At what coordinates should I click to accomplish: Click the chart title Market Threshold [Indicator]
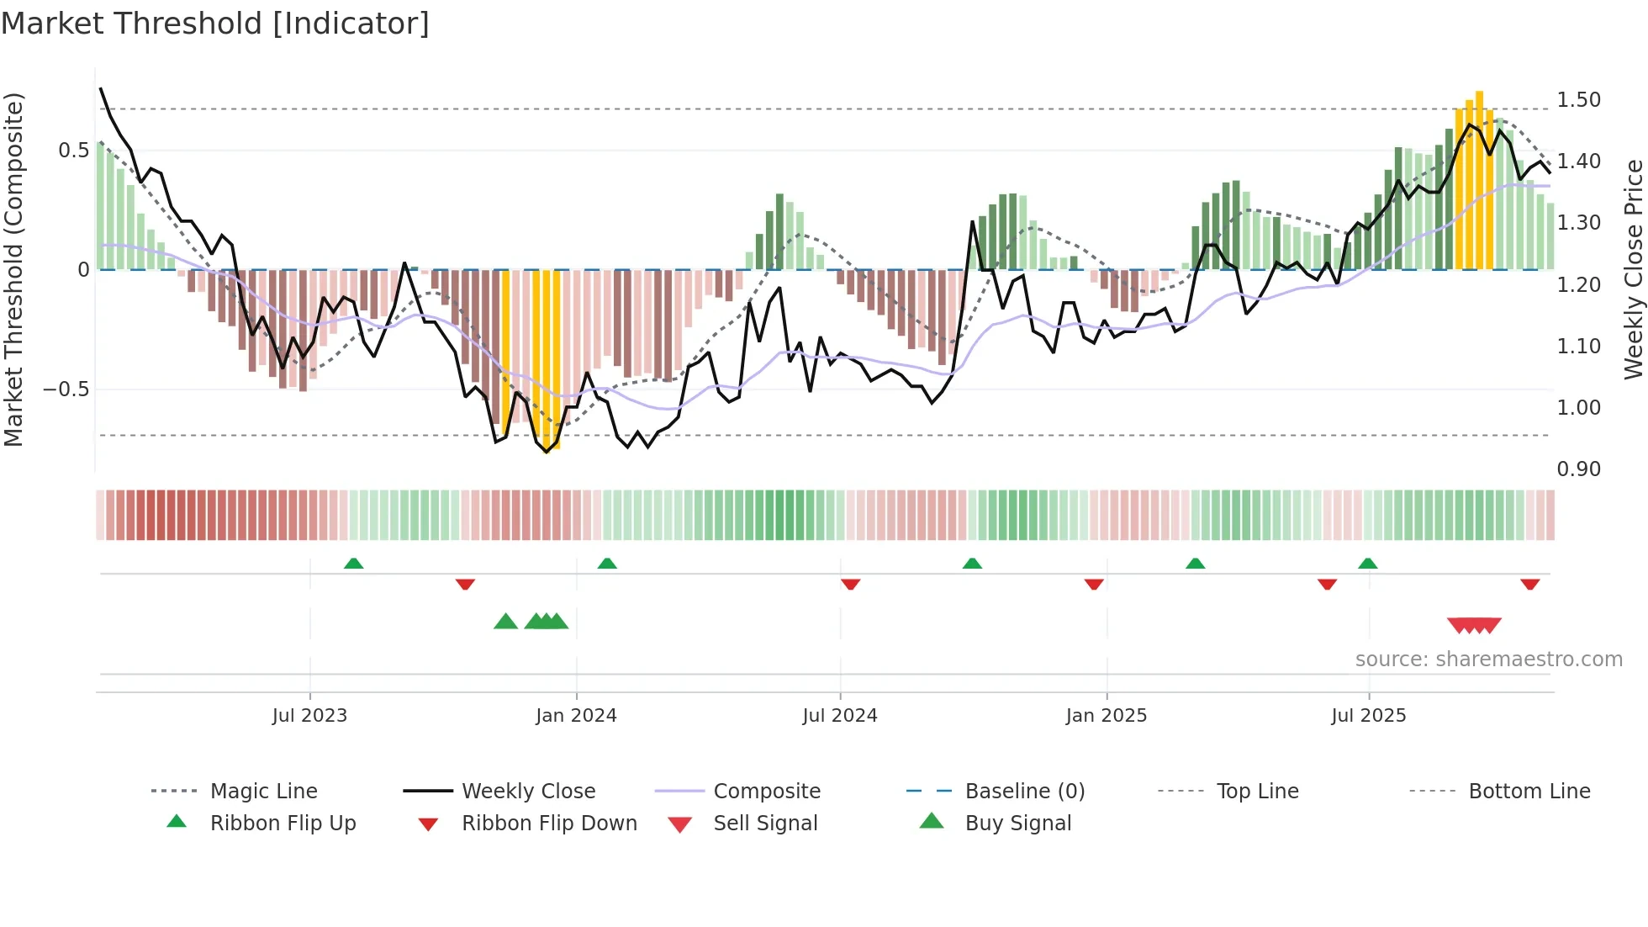[215, 24]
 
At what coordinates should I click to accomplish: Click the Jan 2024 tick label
[576, 716]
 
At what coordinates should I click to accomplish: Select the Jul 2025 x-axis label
[1368, 716]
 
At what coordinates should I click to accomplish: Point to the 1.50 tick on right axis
[1578, 100]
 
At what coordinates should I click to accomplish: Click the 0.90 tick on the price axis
[1578, 469]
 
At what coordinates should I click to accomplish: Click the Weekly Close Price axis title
[1633, 269]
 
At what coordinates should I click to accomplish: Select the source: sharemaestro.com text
[1488, 659]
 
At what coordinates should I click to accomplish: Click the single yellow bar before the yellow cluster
[505, 353]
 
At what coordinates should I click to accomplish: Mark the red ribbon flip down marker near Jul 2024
[850, 584]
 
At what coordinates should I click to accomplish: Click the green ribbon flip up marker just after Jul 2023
[353, 564]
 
